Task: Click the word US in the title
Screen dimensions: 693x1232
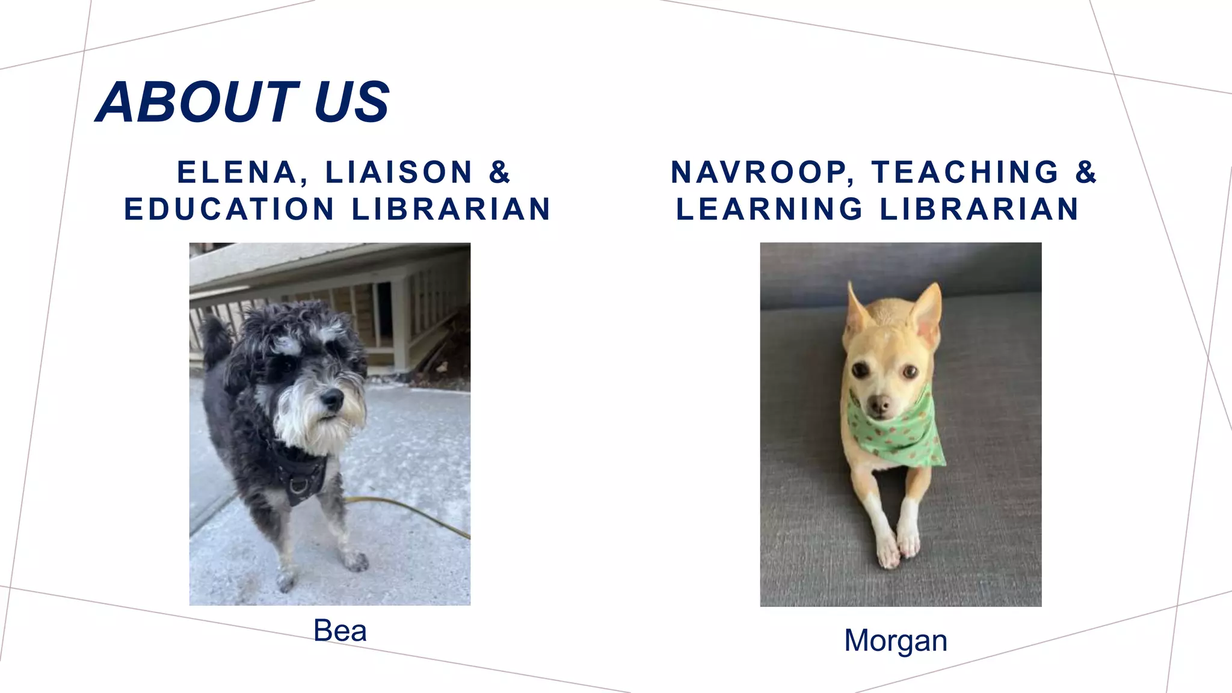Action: pos(351,102)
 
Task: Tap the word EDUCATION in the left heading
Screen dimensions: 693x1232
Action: pos(229,209)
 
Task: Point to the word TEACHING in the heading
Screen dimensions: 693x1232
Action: pos(965,172)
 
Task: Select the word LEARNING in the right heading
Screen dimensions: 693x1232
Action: pos(770,209)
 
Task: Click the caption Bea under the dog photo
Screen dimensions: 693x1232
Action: pos(340,631)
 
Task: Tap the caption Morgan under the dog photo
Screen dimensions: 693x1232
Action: pos(895,641)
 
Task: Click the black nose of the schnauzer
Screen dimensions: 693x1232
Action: pos(331,398)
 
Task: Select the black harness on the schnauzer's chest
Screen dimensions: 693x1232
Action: pos(301,475)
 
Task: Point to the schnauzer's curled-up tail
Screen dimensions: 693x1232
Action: pos(215,340)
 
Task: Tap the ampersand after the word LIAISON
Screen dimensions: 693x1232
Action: pos(499,172)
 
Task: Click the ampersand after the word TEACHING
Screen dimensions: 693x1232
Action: pos(1086,172)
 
